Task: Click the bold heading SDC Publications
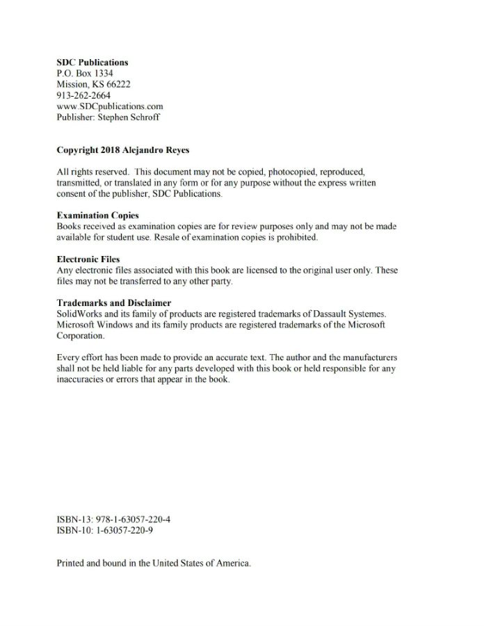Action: [92, 63]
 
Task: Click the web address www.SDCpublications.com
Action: [110, 106]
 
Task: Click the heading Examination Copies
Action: [97, 216]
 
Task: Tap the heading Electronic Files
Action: [88, 259]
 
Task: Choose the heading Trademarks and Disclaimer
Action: [113, 303]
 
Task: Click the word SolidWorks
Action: [79, 314]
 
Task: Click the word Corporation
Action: [80, 336]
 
